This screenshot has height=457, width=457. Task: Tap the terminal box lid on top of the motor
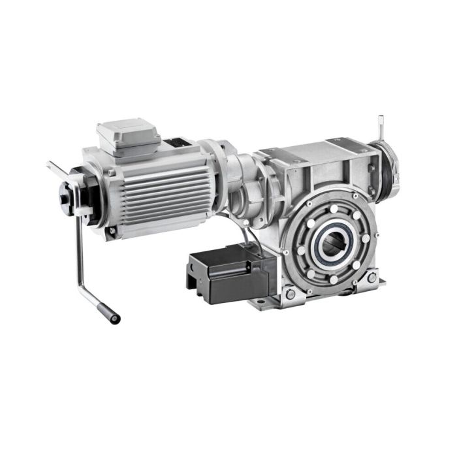128,133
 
